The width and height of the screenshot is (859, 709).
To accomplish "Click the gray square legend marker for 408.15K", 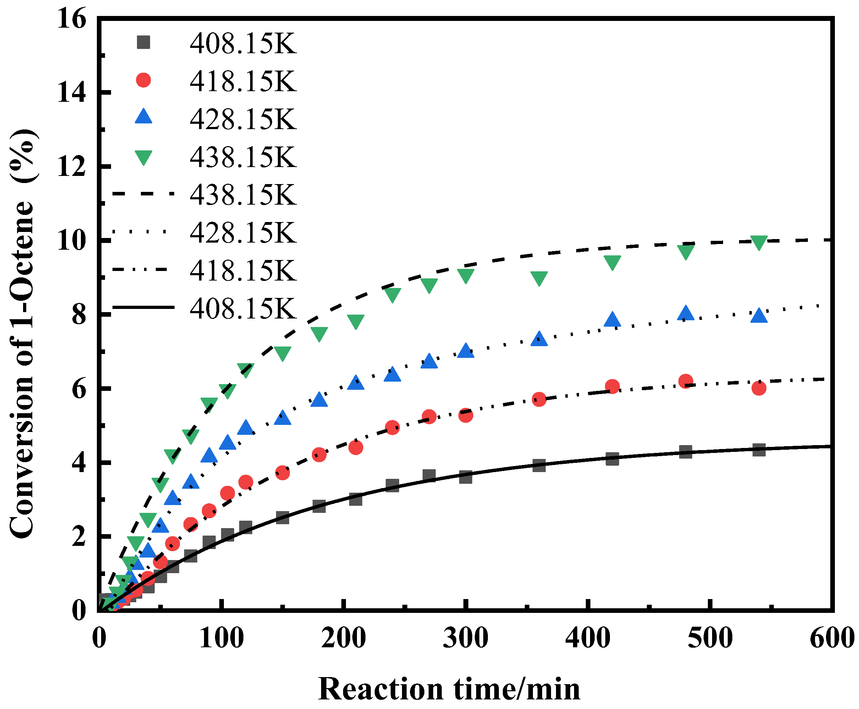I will pos(143,43).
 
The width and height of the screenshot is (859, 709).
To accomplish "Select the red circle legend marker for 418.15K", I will pos(143,80).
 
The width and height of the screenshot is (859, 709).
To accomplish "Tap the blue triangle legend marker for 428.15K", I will pos(143,117).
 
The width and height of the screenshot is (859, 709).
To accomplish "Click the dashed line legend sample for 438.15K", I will pos(143,194).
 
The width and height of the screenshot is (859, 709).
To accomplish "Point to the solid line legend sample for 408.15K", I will pos(143,307).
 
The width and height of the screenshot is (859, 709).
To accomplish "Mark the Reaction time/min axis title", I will pos(449,689).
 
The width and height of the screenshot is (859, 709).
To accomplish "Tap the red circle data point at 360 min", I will pos(539,399).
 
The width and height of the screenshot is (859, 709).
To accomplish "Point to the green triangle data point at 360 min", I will pos(539,278).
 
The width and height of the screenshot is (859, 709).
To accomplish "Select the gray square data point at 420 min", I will pos(612,459).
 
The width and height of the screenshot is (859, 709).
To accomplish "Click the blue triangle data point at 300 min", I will pos(466,351).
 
